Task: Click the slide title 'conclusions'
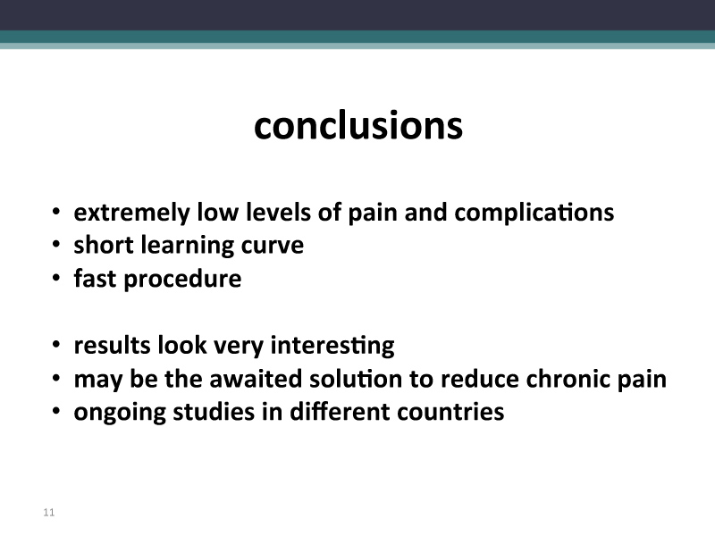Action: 358,125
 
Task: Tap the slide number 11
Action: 49,512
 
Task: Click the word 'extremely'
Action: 131,213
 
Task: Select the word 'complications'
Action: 534,213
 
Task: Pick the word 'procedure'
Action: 182,280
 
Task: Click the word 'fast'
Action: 95,278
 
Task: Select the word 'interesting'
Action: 332,346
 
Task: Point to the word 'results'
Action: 113,345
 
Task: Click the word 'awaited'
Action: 256,378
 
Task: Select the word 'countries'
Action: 450,412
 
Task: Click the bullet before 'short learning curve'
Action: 55,245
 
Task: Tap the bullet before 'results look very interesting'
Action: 55,345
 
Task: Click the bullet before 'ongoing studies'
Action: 55,412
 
